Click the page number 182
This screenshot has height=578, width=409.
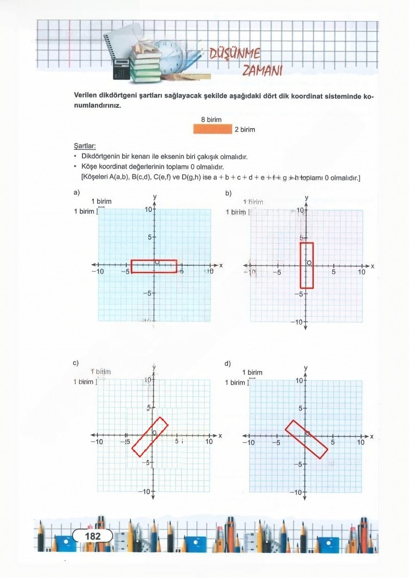click(93, 536)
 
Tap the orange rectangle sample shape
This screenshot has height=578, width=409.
click(213, 129)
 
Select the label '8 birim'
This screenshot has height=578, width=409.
click(211, 120)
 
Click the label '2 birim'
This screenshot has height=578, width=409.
click(244, 130)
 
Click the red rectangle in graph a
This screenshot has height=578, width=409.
click(154, 266)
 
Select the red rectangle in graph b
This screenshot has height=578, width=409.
click(307, 266)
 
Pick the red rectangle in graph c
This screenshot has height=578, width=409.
click(150, 436)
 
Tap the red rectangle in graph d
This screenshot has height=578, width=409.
click(306, 439)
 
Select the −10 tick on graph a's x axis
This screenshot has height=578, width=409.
click(97, 271)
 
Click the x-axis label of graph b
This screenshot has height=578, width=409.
click(373, 266)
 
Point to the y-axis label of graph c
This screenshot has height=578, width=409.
click(154, 368)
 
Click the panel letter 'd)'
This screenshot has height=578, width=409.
click(228, 363)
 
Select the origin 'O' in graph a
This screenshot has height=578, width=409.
click(157, 262)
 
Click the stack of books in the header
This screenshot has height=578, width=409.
click(145, 64)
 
